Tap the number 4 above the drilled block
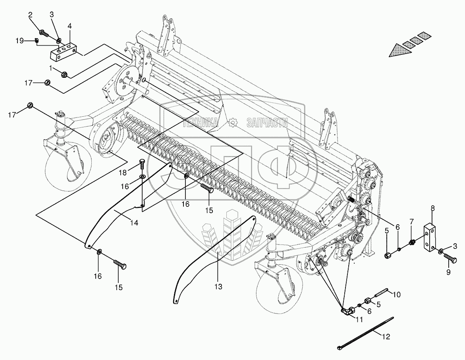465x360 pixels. [70, 27]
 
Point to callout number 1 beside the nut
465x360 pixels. [50, 67]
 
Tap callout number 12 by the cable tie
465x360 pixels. [386, 337]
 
